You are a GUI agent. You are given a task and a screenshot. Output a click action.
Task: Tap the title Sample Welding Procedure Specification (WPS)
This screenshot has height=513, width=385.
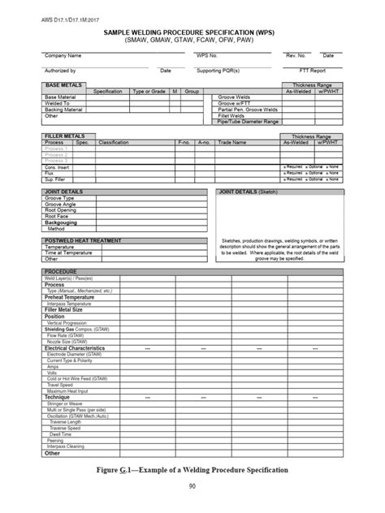(192, 28)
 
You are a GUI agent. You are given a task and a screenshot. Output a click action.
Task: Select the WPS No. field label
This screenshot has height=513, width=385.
(207, 55)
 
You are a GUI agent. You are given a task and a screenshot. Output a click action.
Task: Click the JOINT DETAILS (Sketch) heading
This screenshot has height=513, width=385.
(250, 192)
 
